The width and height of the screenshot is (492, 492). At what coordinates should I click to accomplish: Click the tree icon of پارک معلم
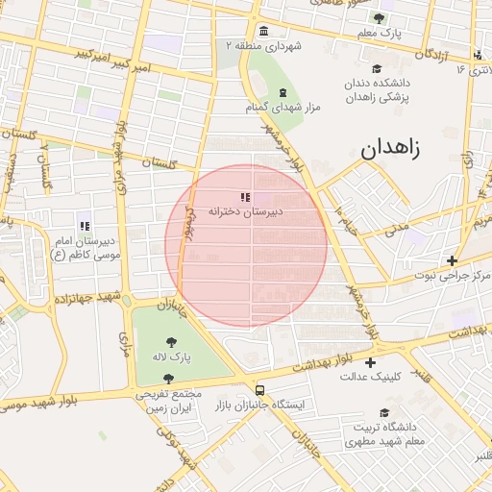(379, 18)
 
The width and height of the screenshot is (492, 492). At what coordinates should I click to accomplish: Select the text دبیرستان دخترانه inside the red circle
(247, 212)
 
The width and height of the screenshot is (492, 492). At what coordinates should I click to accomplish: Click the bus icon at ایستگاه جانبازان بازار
(259, 390)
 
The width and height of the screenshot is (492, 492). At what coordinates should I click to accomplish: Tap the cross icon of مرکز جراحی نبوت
(452, 260)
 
